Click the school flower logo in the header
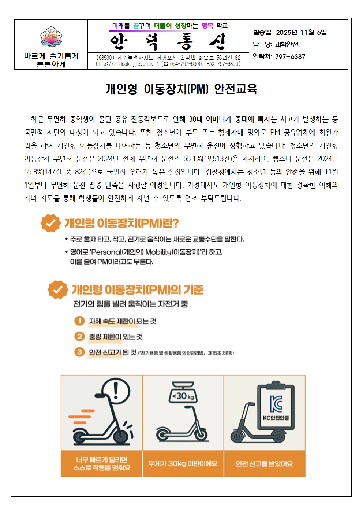click(51, 37)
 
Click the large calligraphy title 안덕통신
click(168, 42)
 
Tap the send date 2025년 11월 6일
click(301, 33)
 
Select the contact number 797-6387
click(290, 57)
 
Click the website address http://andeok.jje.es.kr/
click(127, 64)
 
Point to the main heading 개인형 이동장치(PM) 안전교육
click(181, 89)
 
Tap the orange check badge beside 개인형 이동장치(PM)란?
click(50, 223)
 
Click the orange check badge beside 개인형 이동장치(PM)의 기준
click(58, 289)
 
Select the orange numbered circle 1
click(79, 321)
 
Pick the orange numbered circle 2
click(79, 336)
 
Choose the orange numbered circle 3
click(79, 352)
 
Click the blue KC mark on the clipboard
click(276, 404)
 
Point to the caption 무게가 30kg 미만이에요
click(183, 463)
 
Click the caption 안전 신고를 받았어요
click(265, 464)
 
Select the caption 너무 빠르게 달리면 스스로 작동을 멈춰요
click(101, 463)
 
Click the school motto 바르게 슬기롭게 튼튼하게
click(51, 60)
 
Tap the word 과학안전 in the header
click(287, 45)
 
